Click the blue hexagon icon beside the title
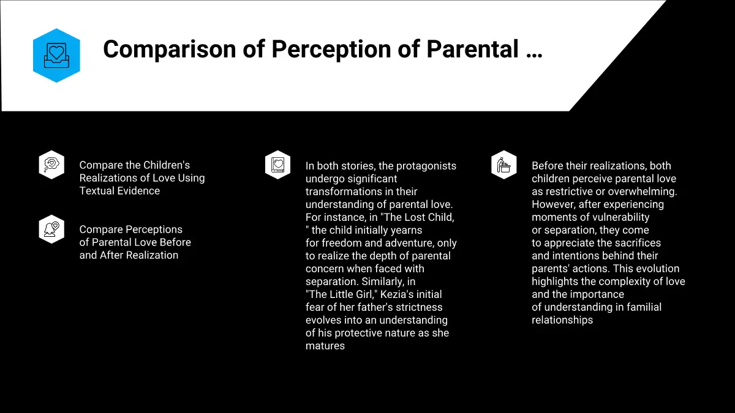[56, 56]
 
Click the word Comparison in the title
[170, 49]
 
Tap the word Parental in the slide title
[472, 49]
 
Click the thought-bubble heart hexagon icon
[51, 165]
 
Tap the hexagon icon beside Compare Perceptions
[51, 229]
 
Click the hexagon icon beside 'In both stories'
[278, 165]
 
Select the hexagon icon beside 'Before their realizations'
[504, 165]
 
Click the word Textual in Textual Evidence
[97, 191]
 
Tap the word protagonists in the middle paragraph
[426, 166]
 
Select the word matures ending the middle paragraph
[325, 346]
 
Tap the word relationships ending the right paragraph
[562, 320]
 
